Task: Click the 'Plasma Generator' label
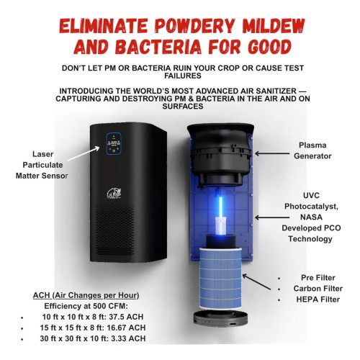312,150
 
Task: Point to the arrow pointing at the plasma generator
272,153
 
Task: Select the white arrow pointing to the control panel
84,153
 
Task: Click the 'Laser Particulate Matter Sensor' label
42,165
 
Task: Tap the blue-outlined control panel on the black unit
114,144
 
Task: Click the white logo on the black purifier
114,193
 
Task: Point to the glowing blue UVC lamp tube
221,207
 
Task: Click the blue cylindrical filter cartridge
220,279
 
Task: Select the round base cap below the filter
220,319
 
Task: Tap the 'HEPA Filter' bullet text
318,300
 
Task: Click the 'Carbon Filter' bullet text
318,289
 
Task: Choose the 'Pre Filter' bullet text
318,278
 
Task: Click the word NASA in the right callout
311,217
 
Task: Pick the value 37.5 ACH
126,317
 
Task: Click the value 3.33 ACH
128,338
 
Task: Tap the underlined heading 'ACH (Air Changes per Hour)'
86,295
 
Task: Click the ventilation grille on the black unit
115,230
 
